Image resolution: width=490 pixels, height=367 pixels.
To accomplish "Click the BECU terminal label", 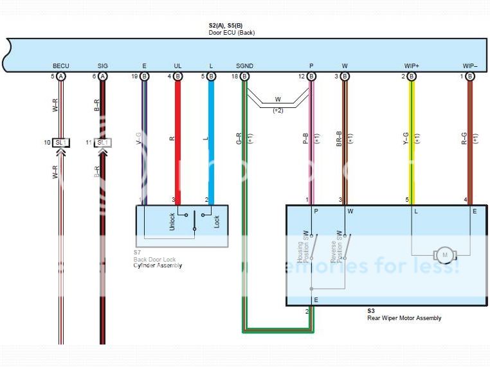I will pyautogui.click(x=61, y=66).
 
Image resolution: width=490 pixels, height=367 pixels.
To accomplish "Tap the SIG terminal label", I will pyautogui.click(x=103, y=66).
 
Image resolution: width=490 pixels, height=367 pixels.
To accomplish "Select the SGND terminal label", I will pyautogui.click(x=244, y=66).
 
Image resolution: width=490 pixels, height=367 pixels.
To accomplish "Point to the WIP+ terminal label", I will pyautogui.click(x=412, y=66).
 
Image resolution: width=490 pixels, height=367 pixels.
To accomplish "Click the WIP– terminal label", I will pyautogui.click(x=469, y=66).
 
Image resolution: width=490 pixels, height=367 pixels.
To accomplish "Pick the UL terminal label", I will pyautogui.click(x=177, y=66).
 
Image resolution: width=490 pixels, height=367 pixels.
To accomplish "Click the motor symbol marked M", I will pyautogui.click(x=444, y=255).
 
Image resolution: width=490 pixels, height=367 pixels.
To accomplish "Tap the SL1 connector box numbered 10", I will pyautogui.click(x=62, y=142).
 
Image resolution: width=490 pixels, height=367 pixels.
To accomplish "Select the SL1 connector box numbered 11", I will pyautogui.click(x=103, y=142).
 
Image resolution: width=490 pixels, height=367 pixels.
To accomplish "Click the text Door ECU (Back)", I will pyautogui.click(x=231, y=33).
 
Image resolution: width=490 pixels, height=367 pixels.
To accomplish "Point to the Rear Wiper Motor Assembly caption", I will pyautogui.click(x=404, y=318).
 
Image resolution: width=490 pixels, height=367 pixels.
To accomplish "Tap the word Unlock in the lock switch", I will pyautogui.click(x=172, y=222).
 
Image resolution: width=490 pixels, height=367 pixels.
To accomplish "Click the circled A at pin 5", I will pyautogui.click(x=61, y=76).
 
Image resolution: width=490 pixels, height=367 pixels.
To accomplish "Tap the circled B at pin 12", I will pyautogui.click(x=312, y=76).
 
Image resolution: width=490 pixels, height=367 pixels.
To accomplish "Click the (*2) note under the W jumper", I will pyautogui.click(x=278, y=111).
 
